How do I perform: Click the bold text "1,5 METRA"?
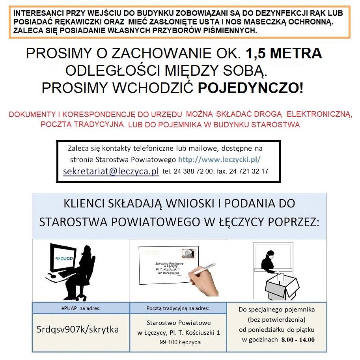pos(284,54)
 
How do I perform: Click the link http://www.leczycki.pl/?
pos(220,160)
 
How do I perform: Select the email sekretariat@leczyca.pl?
pos(111,172)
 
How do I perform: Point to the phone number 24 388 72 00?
pos(193,172)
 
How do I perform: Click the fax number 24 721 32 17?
pos(249,172)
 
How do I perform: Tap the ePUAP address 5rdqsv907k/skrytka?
pos(77,329)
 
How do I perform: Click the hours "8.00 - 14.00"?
pos(298,339)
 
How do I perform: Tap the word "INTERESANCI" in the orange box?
pos(34,13)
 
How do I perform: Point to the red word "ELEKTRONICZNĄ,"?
pos(319,115)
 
